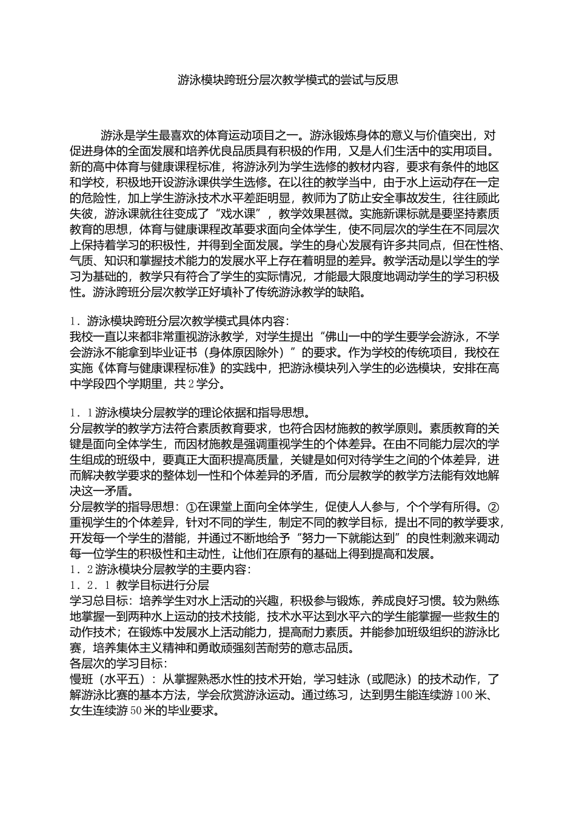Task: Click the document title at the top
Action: [288, 79]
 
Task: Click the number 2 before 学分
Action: [190, 384]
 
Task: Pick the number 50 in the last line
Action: [135, 711]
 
